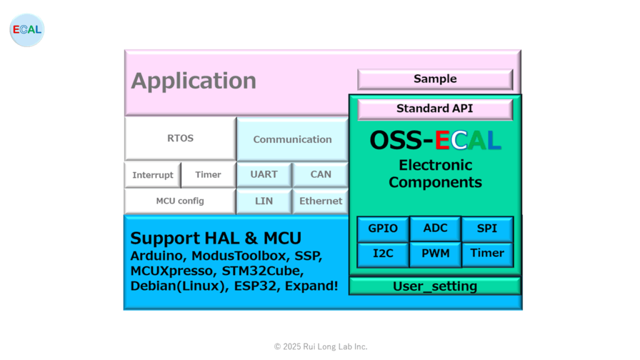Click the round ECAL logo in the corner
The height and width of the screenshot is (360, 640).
pyautogui.click(x=27, y=30)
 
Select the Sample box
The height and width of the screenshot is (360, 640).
pyautogui.click(x=435, y=79)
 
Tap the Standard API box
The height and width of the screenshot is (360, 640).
pyautogui.click(x=435, y=109)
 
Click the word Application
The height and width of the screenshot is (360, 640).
pyautogui.click(x=194, y=81)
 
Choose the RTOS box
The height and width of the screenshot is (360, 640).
pyautogui.click(x=181, y=138)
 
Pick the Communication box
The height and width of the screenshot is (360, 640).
pyautogui.click(x=292, y=139)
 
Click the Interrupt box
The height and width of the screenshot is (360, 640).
pyautogui.click(x=152, y=175)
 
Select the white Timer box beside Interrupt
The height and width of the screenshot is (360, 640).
pyautogui.click(x=208, y=175)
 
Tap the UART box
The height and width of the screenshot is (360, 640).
pyautogui.click(x=264, y=175)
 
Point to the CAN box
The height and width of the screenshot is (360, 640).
pyautogui.click(x=321, y=175)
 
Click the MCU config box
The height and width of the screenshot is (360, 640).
pyautogui.click(x=180, y=201)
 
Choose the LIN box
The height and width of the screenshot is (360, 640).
pyautogui.click(x=264, y=201)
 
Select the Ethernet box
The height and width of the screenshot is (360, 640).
pyautogui.click(x=321, y=201)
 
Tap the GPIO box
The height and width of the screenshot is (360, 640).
pyautogui.click(x=383, y=229)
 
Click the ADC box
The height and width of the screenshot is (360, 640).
pyautogui.click(x=436, y=229)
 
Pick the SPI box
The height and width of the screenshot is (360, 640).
pyautogui.click(x=487, y=229)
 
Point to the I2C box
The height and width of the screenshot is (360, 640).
pyautogui.click(x=383, y=254)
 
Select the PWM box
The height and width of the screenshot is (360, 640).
pyautogui.click(x=436, y=254)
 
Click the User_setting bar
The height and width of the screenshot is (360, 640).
pyautogui.click(x=435, y=286)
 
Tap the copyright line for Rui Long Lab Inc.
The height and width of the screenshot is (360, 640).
pyautogui.click(x=321, y=346)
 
